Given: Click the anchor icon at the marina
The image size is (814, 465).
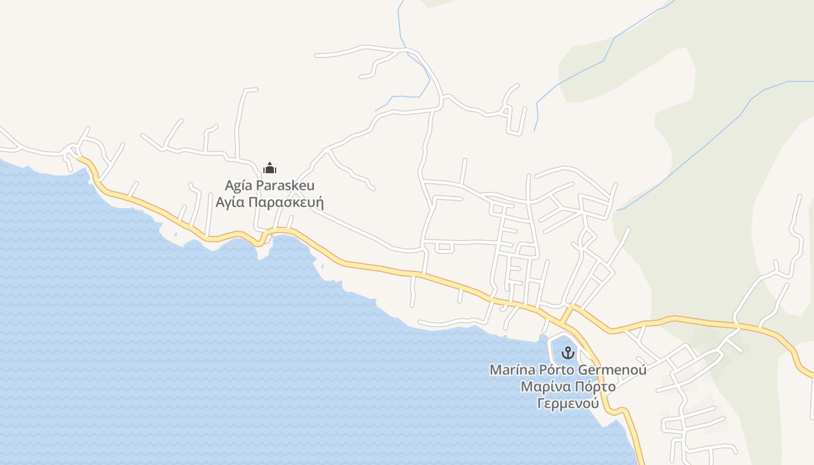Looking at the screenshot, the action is point(567,352).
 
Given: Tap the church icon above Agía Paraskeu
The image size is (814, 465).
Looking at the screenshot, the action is point(270,169).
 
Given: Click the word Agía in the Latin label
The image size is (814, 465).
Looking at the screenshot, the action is point(238,186).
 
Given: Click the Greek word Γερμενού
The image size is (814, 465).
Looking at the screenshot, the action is point(567,403).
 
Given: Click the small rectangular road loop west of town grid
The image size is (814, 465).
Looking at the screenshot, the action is point(445,247).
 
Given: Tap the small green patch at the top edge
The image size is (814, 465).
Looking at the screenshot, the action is point(436,2).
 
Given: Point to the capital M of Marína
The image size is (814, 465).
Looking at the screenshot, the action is point(495,370).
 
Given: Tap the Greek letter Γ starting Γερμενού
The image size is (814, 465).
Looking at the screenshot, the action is point(540,403).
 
